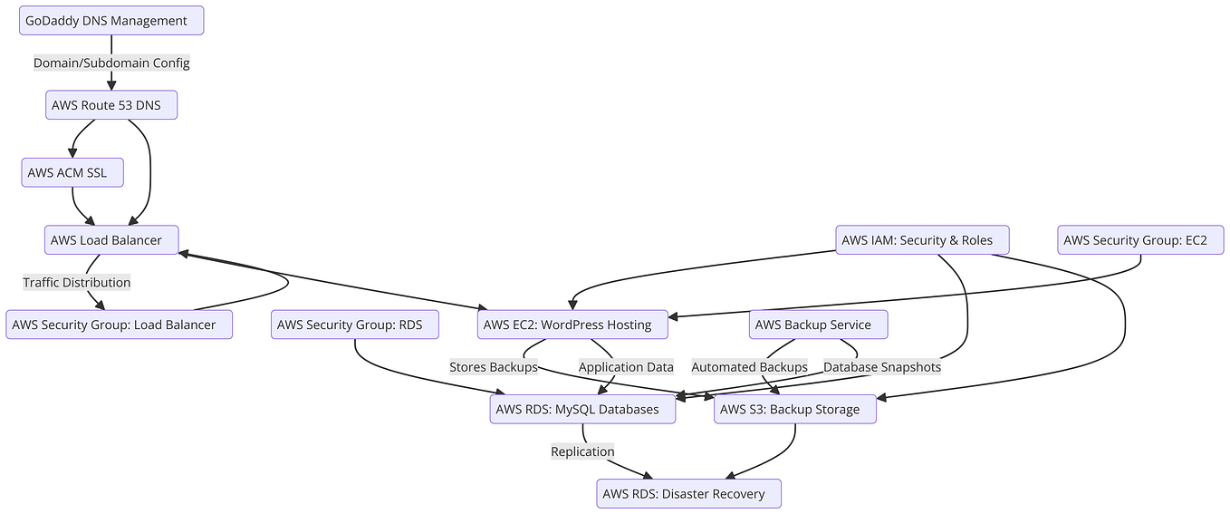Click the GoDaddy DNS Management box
(111, 21)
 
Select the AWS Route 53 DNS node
(111, 105)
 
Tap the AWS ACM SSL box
(72, 172)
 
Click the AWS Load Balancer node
(111, 240)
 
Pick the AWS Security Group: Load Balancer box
(120, 325)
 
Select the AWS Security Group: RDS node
(356, 325)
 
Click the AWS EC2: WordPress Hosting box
(572, 325)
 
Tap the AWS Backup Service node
(818, 325)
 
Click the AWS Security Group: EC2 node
(1140, 240)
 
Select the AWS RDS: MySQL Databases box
(582, 409)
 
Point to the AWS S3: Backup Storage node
(794, 409)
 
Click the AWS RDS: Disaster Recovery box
(688, 494)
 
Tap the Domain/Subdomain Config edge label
(111, 63)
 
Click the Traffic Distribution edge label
(77, 282)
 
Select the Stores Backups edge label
(494, 367)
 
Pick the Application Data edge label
(626, 367)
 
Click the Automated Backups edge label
(749, 367)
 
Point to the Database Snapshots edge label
(881, 367)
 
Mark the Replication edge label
(582, 451)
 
